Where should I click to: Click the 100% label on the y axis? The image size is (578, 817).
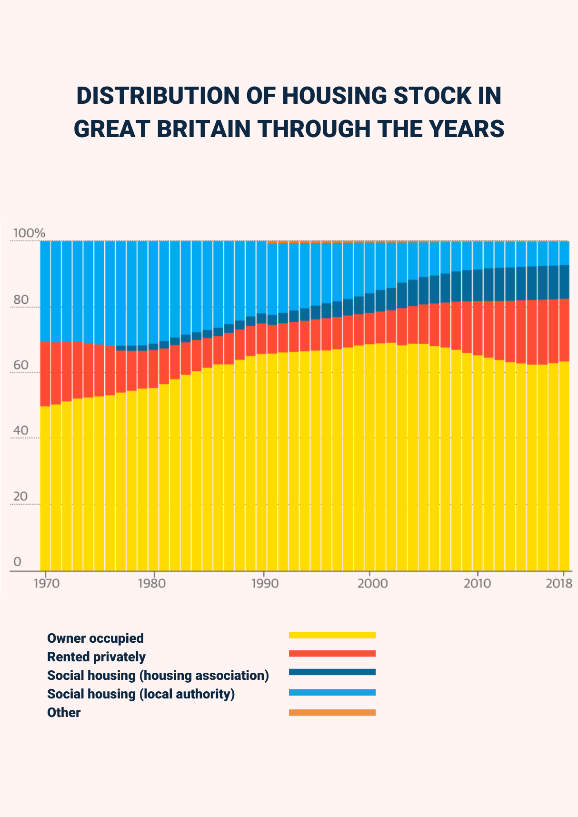(x=29, y=233)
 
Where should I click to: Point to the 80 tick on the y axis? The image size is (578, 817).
(x=21, y=300)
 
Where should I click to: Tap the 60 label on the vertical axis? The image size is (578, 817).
(x=21, y=365)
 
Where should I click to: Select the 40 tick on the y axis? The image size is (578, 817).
(x=21, y=430)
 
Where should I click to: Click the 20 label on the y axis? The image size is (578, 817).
(x=20, y=496)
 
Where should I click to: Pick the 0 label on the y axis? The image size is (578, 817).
(x=18, y=561)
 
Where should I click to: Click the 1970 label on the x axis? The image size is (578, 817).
(x=47, y=583)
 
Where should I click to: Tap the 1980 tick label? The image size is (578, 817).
(x=152, y=583)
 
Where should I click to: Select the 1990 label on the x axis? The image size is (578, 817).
(x=265, y=583)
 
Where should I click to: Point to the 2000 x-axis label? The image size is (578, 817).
(x=372, y=583)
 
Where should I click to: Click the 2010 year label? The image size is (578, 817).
(x=477, y=583)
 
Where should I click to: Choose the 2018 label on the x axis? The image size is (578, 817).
(x=559, y=583)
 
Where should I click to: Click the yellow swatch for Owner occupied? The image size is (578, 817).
(x=332, y=635)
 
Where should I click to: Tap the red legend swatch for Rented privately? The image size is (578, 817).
(x=332, y=653)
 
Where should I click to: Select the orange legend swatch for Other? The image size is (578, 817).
(x=332, y=712)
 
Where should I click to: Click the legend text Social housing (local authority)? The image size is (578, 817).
(x=141, y=694)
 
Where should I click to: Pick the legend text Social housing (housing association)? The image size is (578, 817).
(x=158, y=675)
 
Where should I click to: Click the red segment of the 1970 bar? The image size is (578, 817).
(x=45, y=374)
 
